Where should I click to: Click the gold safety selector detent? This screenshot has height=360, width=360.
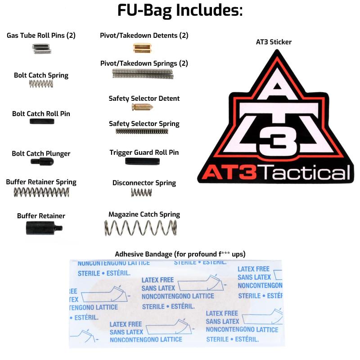click(142, 107)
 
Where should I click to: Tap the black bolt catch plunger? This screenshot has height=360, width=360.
click(42, 162)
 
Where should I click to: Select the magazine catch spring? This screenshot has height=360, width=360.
click(140, 228)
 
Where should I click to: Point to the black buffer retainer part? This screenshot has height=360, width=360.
click(44, 228)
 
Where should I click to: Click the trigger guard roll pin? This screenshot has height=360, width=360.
click(142, 161)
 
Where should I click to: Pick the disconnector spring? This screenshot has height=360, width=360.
click(141, 193)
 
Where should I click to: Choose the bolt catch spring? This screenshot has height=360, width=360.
click(41, 84)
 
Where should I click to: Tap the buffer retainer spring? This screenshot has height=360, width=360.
click(41, 192)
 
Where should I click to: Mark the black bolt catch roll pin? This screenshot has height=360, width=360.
click(42, 121)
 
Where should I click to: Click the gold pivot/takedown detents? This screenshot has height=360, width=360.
click(142, 48)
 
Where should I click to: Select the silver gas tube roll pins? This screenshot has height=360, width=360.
click(41, 49)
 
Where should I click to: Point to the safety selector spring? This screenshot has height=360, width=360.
click(142, 131)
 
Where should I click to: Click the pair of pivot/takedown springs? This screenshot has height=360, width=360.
click(143, 74)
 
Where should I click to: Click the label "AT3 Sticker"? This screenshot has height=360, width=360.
click(274, 42)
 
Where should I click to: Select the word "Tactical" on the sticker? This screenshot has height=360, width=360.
click(305, 172)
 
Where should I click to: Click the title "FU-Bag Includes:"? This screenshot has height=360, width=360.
click(180, 10)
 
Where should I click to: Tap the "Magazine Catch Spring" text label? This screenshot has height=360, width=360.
click(144, 215)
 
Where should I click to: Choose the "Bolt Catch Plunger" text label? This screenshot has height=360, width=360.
click(41, 153)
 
